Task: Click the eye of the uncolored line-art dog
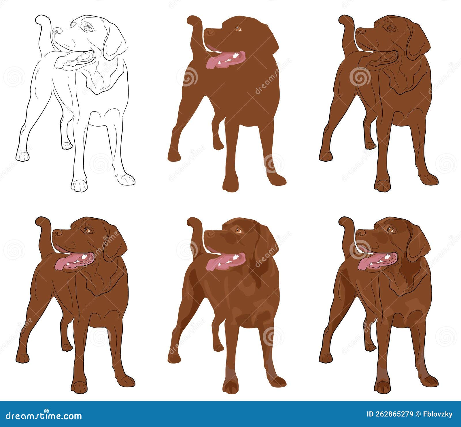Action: coord(86,28)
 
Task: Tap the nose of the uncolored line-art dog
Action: coord(57,31)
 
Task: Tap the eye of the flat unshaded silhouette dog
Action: coord(238,29)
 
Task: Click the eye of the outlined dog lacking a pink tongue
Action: coord(390,28)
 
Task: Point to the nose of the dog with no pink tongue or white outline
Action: coord(360,31)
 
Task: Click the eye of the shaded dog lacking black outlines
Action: coord(238,230)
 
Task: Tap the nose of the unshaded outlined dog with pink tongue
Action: coord(57,232)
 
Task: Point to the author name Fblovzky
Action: coord(438,414)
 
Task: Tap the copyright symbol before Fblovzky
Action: coord(419,414)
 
